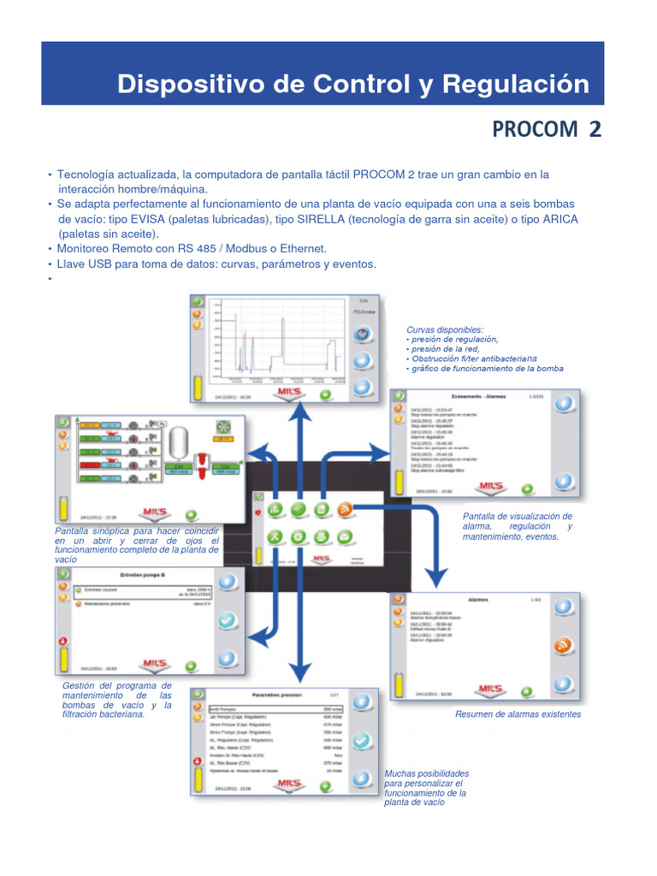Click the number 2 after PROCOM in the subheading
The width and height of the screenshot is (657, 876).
pos(595,129)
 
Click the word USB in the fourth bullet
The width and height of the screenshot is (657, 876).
pos(98,264)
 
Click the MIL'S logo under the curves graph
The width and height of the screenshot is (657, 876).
pos(285,393)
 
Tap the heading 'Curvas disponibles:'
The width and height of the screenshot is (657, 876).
pos(445,329)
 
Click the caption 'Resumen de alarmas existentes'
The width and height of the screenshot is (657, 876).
pos(518,713)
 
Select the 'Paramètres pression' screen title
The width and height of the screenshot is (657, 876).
pos(278,695)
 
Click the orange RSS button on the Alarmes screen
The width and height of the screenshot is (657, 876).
pos(562,646)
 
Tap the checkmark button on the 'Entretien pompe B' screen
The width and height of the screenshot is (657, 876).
pos(226,620)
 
